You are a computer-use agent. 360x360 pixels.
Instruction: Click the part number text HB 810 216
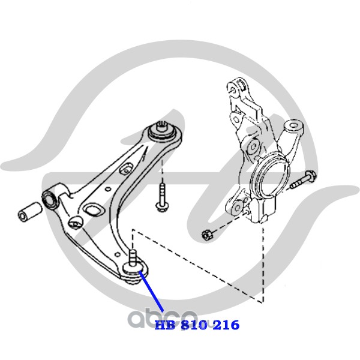(197, 325)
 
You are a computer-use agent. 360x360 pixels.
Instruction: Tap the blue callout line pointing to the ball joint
(151, 292)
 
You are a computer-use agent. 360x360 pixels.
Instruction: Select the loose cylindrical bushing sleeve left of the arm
(30, 211)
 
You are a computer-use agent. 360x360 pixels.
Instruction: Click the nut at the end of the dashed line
(206, 235)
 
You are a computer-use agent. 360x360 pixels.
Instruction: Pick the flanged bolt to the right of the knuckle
(304, 180)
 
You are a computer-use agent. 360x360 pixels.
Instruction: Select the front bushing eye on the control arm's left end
(50, 199)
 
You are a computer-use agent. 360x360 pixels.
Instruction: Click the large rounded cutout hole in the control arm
(94, 211)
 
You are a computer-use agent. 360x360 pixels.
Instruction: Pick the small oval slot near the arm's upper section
(127, 169)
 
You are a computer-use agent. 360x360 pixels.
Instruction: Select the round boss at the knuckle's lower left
(237, 208)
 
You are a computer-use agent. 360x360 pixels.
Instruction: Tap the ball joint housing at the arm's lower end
(135, 271)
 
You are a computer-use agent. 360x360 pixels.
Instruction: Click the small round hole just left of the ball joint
(118, 254)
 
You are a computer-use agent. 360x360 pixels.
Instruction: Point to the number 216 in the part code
(226, 325)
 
